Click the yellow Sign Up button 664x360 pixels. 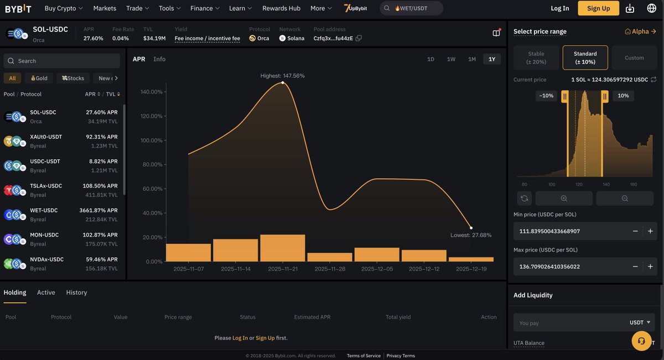coord(598,8)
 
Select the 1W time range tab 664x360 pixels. coord(451,59)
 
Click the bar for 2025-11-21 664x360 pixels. coord(282,248)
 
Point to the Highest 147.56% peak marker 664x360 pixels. coord(283,82)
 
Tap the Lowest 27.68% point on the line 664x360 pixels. coord(471,228)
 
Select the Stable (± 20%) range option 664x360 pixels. coord(536,58)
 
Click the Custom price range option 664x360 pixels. coord(634,58)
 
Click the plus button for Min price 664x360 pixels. coord(650,231)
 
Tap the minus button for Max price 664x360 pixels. coord(635,267)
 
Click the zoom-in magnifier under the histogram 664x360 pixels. coord(563,199)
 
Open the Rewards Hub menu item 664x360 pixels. coord(281,8)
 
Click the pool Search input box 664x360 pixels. coord(62,61)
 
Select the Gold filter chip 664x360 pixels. coord(39,78)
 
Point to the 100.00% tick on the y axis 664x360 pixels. coord(152,140)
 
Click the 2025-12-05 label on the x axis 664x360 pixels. coord(376,269)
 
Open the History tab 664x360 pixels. coord(76,293)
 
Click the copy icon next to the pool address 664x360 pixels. coord(359,38)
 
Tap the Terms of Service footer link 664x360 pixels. coord(364,356)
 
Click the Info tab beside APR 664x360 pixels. coord(159,59)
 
